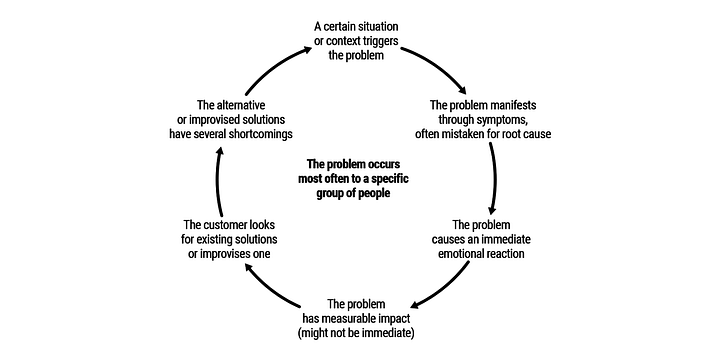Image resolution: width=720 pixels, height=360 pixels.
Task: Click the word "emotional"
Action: coord(475,254)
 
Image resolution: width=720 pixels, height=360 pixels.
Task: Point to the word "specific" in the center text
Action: coord(394,179)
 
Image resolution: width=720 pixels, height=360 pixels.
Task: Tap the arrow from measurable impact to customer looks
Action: coord(276,292)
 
